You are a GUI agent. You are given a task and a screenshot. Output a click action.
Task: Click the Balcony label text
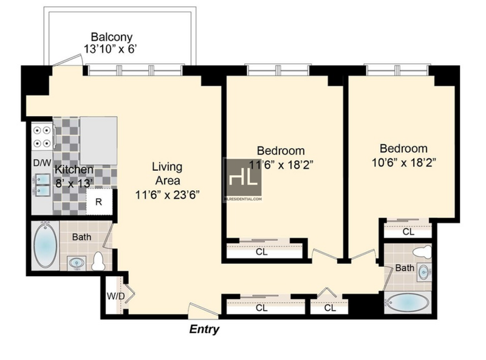pos(112,37)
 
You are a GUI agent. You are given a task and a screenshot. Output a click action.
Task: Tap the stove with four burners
pos(43,136)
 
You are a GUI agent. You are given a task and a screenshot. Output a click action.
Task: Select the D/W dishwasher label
pos(42,163)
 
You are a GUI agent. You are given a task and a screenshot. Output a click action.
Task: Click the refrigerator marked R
pos(99,202)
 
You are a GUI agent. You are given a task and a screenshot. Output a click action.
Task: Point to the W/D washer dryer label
pos(115,296)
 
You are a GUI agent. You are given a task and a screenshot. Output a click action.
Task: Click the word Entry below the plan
pos(204,329)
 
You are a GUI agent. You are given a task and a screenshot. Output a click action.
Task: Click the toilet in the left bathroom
pos(98,261)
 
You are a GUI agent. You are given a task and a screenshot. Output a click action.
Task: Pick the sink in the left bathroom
pos(77,263)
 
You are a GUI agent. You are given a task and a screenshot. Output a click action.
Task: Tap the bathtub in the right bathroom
pos(407,302)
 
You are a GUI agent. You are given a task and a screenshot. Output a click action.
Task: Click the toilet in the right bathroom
pos(422,251)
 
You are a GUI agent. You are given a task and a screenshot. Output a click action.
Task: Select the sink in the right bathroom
pos(424,272)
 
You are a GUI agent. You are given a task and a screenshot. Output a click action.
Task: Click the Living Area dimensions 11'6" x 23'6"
pos(168,195)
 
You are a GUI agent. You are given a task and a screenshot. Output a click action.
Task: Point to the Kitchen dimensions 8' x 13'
pos(74,183)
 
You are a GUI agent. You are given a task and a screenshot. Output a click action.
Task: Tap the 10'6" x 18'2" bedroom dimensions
pos(404,162)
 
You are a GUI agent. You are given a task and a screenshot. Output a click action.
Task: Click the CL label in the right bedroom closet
pos(408,232)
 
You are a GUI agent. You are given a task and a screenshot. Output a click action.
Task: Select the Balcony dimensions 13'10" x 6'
pos(110,49)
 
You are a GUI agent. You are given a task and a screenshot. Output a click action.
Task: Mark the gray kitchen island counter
pos(98,140)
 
